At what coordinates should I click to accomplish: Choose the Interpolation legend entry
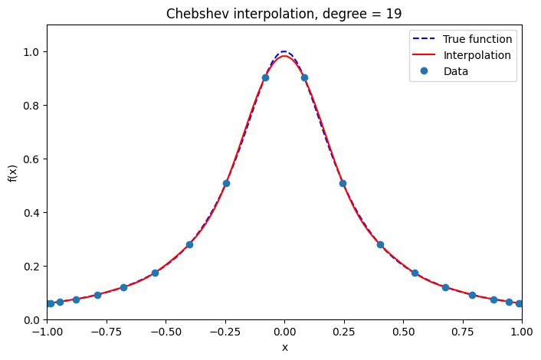tap(477, 55)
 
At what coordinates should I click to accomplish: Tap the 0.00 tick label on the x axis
tap(284, 332)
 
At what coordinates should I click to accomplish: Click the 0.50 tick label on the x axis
tap(403, 332)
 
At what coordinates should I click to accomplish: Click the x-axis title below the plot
tap(284, 347)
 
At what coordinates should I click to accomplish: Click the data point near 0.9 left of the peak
tap(265, 77)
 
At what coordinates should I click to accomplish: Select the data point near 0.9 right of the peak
tap(304, 77)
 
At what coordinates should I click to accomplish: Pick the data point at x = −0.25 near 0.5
tap(226, 183)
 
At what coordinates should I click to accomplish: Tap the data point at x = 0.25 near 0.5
tap(343, 183)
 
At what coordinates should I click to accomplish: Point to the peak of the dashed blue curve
tap(284, 52)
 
